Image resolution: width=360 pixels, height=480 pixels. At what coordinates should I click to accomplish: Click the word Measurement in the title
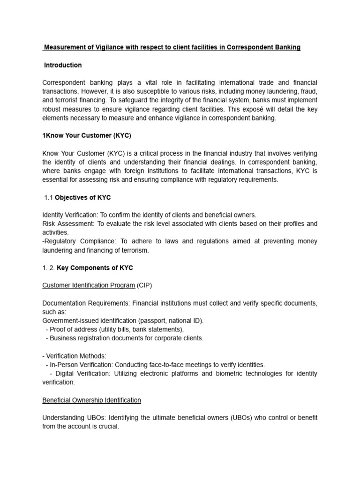[63, 47]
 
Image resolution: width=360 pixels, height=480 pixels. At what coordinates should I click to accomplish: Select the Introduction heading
[63, 65]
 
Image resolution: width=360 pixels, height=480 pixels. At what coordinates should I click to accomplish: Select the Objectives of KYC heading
[83, 197]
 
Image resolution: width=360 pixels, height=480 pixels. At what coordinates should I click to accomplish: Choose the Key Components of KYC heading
[95, 268]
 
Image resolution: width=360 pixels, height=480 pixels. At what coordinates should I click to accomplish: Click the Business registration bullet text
[125, 338]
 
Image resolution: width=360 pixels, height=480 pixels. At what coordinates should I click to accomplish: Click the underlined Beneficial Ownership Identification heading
[91, 400]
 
